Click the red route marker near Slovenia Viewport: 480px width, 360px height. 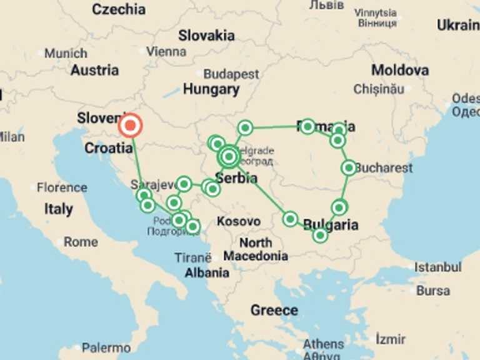click(x=130, y=126)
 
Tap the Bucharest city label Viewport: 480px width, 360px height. click(x=384, y=167)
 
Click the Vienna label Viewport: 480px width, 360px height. click(x=166, y=52)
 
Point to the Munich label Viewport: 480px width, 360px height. click(x=66, y=53)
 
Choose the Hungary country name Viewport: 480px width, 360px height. click(x=211, y=89)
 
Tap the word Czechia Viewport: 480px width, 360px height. click(x=119, y=9)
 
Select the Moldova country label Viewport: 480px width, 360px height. click(x=399, y=70)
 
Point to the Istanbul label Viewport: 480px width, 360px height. click(x=437, y=267)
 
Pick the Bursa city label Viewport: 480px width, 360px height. click(x=432, y=291)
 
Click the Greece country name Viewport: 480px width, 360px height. click(x=274, y=310)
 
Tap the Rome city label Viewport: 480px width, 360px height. click(x=81, y=242)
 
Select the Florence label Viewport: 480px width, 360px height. click(x=62, y=187)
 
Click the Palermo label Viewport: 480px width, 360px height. click(x=106, y=347)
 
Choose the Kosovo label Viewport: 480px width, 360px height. click(x=238, y=221)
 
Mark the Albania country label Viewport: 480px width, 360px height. click(x=206, y=272)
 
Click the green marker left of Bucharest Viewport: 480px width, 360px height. click(x=349, y=167)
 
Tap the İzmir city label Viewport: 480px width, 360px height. click(x=391, y=339)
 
